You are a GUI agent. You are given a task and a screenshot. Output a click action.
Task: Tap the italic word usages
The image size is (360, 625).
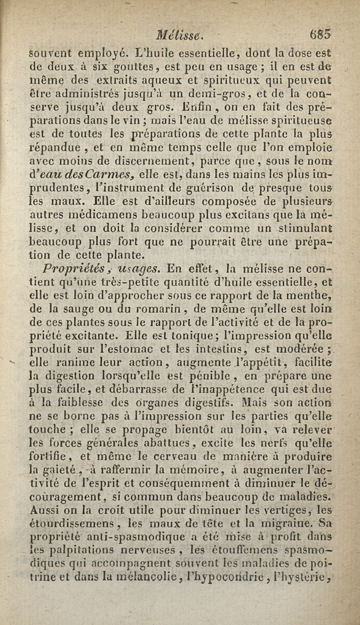[140, 269]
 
